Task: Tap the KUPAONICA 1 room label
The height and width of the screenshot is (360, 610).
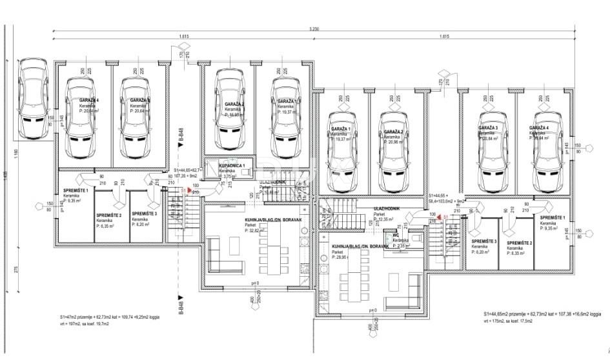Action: pos(222,166)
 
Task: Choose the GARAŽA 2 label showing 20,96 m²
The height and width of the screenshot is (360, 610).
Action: pos(393,132)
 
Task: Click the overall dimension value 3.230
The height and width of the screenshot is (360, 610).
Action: pos(314,28)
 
